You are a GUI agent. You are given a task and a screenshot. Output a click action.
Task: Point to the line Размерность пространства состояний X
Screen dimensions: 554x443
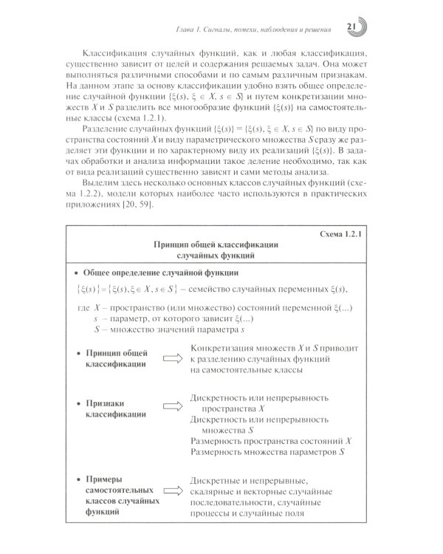point(271,440)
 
